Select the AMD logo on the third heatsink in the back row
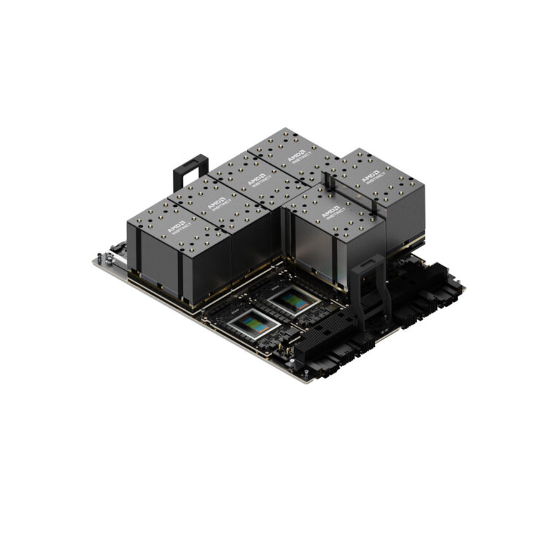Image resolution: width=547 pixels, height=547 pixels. (x=257, y=179)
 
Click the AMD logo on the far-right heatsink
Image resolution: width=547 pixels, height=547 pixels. (x=372, y=177)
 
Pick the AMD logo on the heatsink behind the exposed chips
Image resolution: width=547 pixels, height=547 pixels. (x=332, y=212)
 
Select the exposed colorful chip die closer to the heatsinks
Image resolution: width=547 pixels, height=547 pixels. (x=293, y=300)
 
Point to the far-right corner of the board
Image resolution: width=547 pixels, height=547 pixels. (x=464, y=286)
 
